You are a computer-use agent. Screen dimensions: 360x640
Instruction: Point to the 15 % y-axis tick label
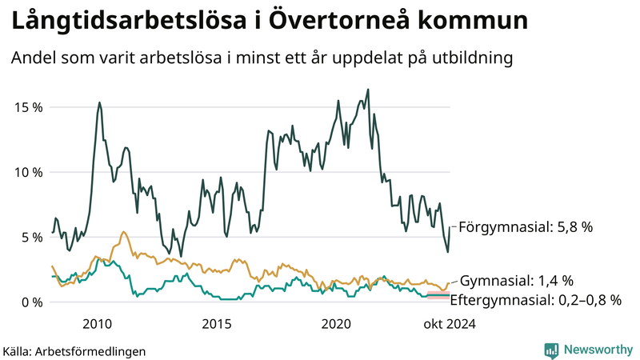coord(29,107)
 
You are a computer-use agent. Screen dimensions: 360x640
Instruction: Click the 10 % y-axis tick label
coord(29,172)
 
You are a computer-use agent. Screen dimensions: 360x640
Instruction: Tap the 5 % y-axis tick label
coord(32,237)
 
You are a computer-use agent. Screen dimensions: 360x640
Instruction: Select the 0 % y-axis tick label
coord(32,302)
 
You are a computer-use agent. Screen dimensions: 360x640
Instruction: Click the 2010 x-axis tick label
coord(98,324)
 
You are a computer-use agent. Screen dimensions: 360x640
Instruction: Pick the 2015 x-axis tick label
coord(217,324)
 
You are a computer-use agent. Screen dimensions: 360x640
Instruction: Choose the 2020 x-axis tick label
coord(336,324)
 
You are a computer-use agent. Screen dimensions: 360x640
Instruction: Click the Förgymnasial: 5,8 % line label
coord(526,227)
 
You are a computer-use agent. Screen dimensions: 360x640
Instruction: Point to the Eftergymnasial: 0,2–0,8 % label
coord(536,300)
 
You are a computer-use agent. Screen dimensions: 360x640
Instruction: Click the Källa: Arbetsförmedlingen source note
coord(63,350)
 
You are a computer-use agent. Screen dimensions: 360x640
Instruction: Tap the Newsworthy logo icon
coord(551,350)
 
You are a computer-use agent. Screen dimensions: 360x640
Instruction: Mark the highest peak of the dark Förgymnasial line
coord(367,90)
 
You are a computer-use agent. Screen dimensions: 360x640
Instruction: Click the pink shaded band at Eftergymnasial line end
coord(438,296)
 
